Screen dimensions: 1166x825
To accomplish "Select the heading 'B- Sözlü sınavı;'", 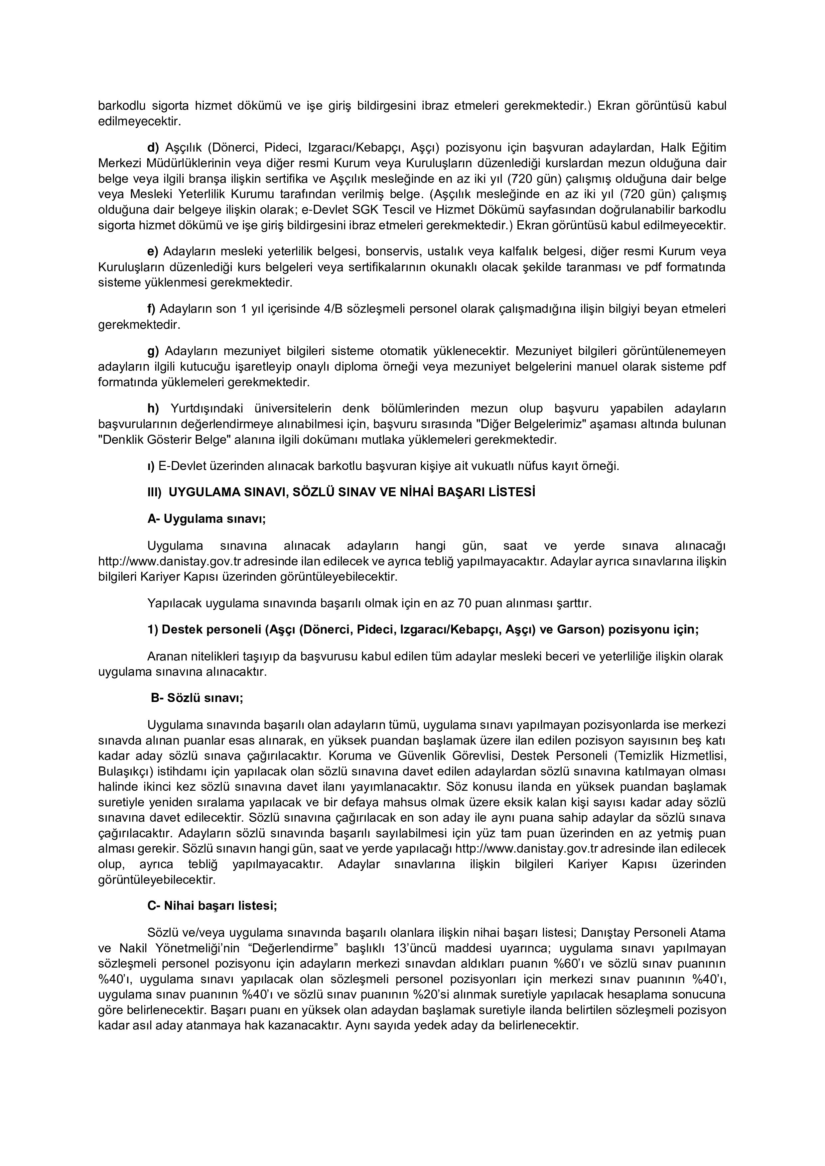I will [x=197, y=698].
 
